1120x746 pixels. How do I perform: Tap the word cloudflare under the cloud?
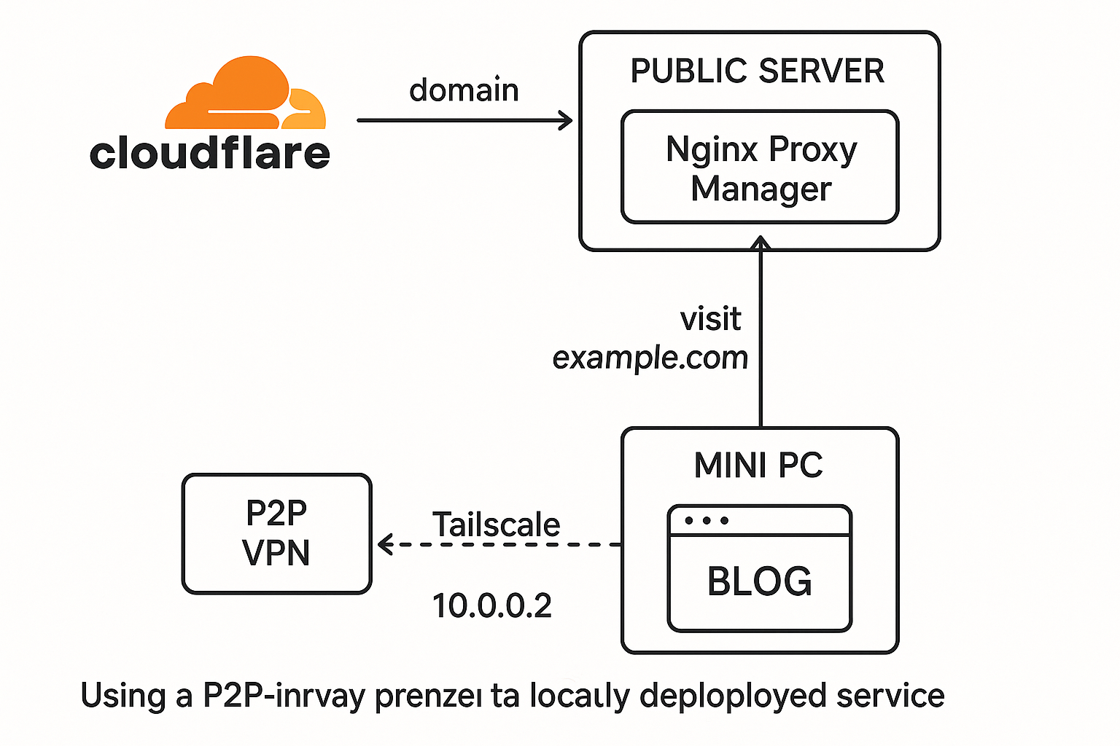pos(210,153)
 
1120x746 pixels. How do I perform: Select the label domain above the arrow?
pos(464,90)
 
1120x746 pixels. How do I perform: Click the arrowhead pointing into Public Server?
pos(566,120)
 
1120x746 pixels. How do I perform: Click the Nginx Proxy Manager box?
pos(760,167)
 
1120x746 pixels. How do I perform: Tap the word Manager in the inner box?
pos(761,189)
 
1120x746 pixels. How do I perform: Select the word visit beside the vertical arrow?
pos(710,319)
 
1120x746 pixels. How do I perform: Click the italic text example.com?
pos(650,358)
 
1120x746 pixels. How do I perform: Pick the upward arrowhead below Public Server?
pos(761,243)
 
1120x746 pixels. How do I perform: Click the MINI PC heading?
pos(758,465)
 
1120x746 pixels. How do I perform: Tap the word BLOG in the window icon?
pos(760,581)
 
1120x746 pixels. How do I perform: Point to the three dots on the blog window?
pos(707,520)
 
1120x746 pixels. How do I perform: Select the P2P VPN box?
pos(276,533)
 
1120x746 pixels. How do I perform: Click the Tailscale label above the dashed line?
pos(496,525)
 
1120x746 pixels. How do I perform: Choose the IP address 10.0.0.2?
pos(491,605)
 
